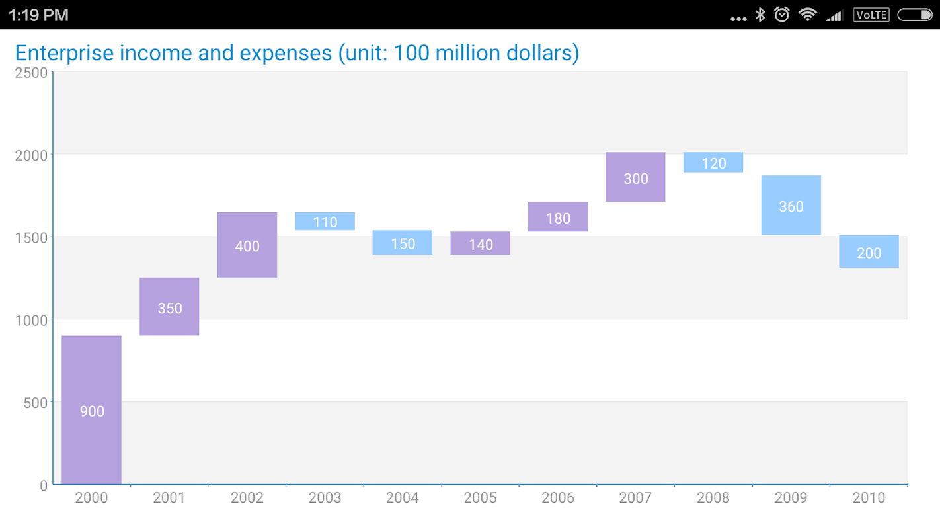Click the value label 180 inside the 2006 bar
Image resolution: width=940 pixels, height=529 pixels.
point(559,218)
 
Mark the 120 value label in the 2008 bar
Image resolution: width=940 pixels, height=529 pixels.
point(714,163)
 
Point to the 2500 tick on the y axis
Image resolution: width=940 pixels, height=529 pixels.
point(31,72)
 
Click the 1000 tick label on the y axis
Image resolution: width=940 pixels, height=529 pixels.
point(31,320)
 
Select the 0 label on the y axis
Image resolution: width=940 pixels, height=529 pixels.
point(44,485)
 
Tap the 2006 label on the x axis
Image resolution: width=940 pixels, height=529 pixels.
point(558,498)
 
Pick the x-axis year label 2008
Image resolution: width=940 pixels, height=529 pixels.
point(713,498)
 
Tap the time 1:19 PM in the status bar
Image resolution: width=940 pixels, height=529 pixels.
point(38,15)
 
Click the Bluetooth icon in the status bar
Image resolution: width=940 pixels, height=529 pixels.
point(760,15)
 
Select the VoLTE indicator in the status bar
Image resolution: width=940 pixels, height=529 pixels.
point(871,15)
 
